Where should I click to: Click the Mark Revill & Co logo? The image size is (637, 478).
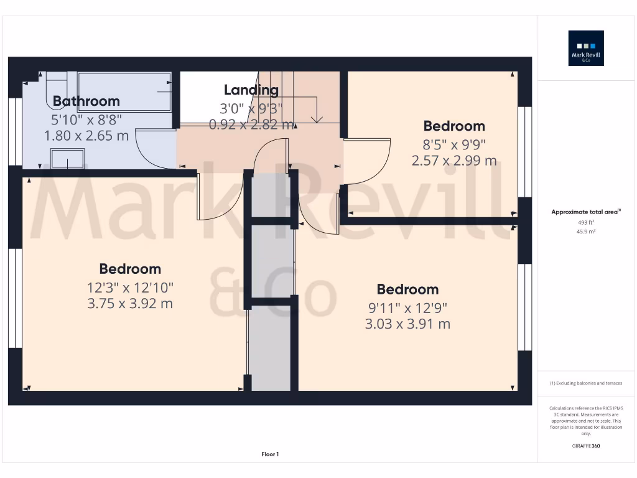click(586, 48)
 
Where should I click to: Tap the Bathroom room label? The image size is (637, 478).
click(86, 101)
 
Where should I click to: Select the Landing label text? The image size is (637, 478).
click(251, 90)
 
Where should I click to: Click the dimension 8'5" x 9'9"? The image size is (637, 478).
click(454, 144)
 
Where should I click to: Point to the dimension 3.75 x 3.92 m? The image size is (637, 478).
click(130, 304)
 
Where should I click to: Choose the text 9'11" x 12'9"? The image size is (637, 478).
click(407, 307)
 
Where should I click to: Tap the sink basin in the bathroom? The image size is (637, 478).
click(67, 159)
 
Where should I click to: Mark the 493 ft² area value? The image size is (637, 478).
click(586, 222)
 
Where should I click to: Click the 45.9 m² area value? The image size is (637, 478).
click(586, 231)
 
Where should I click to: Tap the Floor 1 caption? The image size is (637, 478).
click(270, 454)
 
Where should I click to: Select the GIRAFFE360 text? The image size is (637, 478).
click(586, 446)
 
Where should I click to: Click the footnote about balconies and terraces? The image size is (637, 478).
click(586, 383)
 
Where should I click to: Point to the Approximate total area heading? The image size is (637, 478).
click(585, 212)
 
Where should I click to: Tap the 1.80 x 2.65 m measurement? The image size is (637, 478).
click(86, 134)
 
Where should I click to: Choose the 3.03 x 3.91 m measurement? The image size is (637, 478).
click(407, 324)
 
